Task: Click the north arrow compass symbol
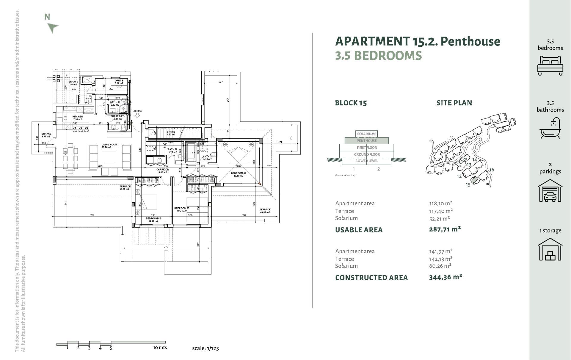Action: [53, 28]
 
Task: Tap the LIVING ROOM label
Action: [109, 145]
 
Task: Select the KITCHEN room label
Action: [77, 117]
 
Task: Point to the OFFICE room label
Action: [119, 81]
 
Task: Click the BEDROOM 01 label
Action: [238, 173]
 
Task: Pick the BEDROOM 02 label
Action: [153, 218]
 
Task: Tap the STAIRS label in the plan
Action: [171, 132]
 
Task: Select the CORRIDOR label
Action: [163, 170]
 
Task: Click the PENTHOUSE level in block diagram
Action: [366, 141]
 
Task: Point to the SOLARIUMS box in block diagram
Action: [366, 134]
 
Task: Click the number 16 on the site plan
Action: [491, 170]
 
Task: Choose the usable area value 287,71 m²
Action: [445, 229]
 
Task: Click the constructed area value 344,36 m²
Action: [445, 277]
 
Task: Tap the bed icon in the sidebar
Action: [550, 65]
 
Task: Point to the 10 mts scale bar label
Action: [160, 348]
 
